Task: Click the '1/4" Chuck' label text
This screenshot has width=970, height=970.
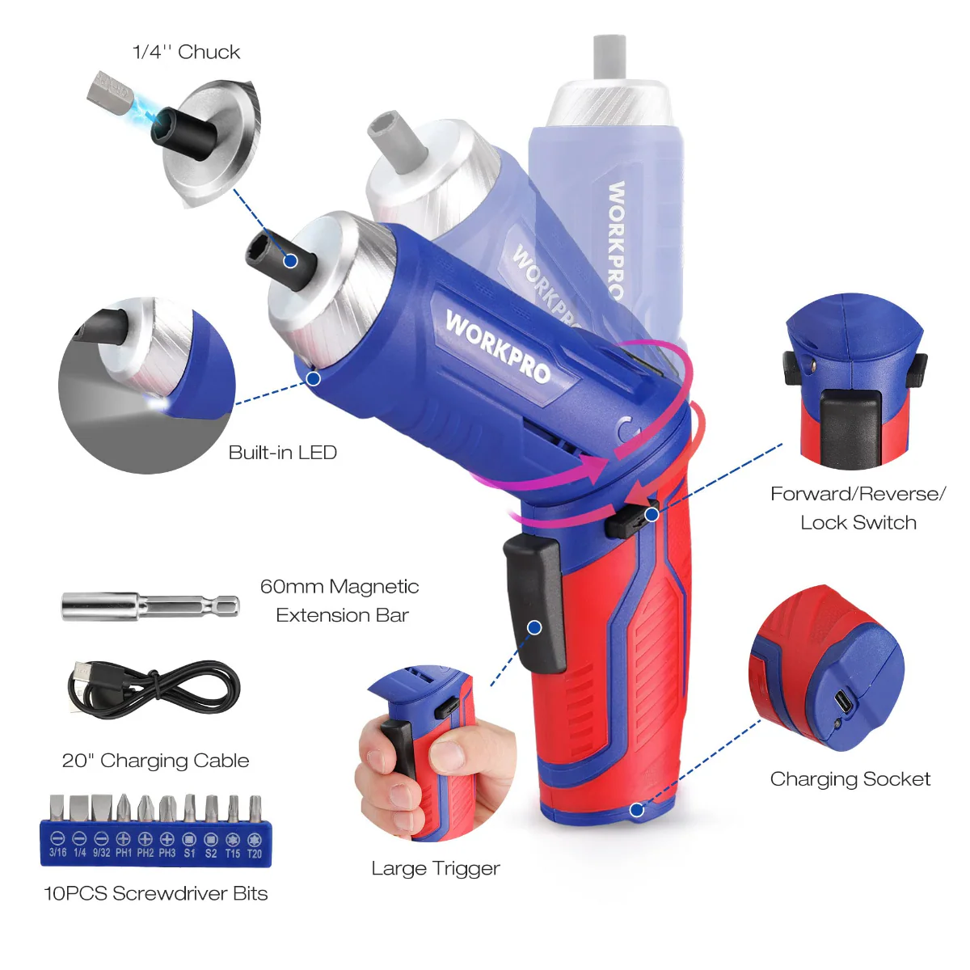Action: (x=186, y=53)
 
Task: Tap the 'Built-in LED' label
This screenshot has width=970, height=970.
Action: (x=282, y=453)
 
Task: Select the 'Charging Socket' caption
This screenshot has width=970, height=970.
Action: (x=850, y=779)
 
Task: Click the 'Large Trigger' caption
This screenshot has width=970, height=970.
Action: (x=435, y=868)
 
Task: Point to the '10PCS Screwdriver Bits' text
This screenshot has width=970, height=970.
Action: (x=155, y=893)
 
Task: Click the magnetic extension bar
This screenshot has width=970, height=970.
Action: (x=150, y=605)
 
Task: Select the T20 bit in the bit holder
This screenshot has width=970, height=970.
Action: (x=254, y=808)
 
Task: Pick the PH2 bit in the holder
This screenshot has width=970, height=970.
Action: (x=145, y=808)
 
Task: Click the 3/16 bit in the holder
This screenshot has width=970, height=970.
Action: (x=57, y=808)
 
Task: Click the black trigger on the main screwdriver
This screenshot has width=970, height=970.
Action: (x=534, y=602)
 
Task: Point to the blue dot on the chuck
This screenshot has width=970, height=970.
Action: (x=290, y=260)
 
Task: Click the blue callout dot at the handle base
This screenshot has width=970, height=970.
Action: (x=637, y=809)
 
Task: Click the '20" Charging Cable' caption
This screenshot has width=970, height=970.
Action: (x=155, y=761)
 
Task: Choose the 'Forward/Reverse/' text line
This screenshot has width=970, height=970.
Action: (x=858, y=494)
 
